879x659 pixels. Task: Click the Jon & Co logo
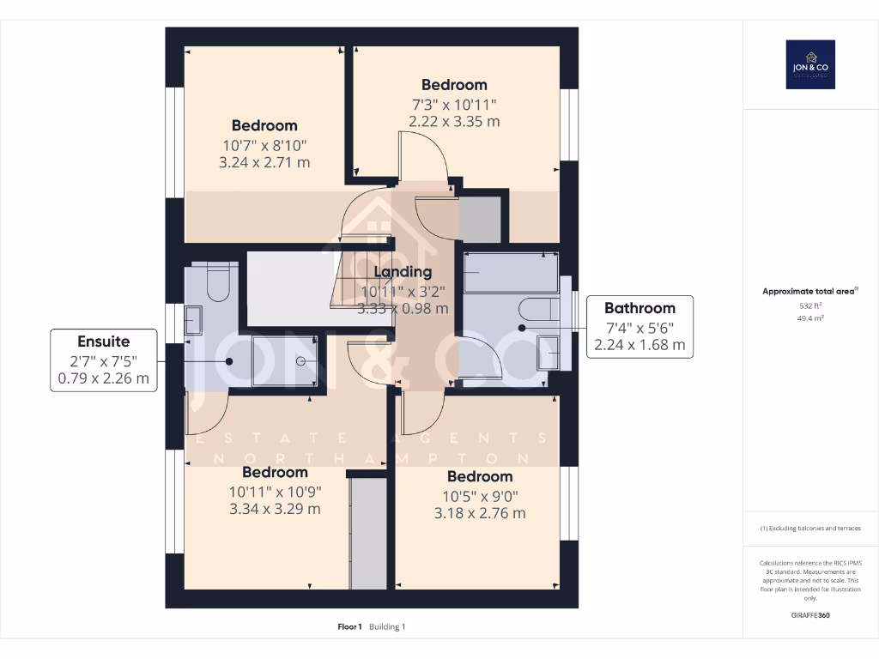pyautogui.click(x=810, y=64)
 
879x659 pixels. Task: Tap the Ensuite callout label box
pyautogui.click(x=103, y=360)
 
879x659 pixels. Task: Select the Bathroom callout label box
pyautogui.click(x=640, y=326)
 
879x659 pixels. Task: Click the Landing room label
pyautogui.click(x=403, y=272)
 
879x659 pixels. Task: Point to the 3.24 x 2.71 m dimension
pyautogui.click(x=264, y=162)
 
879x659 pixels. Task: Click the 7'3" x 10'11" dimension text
pyautogui.click(x=454, y=104)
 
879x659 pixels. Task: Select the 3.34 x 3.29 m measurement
pyautogui.click(x=275, y=509)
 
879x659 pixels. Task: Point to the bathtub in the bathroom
pyautogui.click(x=512, y=274)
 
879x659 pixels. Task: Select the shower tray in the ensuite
pyautogui.click(x=284, y=361)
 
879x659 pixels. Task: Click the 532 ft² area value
pyautogui.click(x=810, y=305)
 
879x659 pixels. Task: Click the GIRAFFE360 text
pyautogui.click(x=810, y=615)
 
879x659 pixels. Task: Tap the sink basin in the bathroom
pyautogui.click(x=547, y=353)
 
